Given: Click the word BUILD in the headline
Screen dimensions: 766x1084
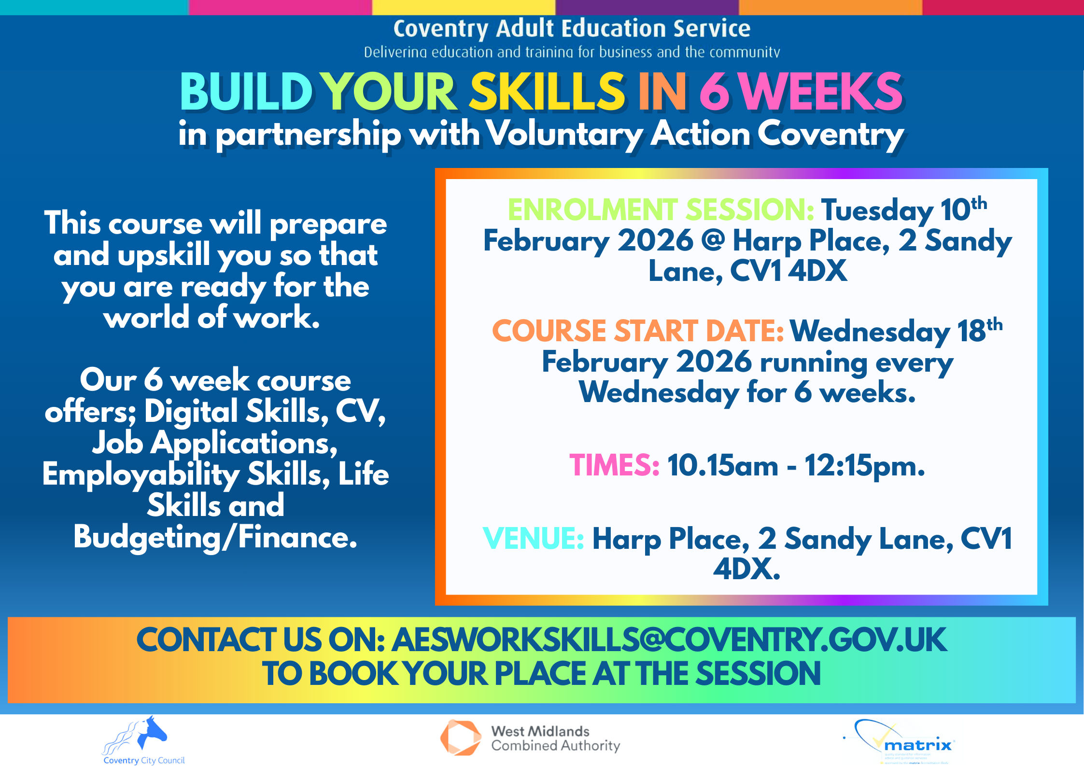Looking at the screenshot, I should click(246, 92).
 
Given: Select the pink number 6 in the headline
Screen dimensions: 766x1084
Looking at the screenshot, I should click(714, 92).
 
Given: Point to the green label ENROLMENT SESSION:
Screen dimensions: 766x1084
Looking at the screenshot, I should click(661, 210).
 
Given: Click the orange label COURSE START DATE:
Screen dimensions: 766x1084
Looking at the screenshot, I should click(637, 331).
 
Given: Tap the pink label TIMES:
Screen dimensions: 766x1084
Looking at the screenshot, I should click(614, 466).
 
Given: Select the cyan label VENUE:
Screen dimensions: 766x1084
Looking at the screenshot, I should click(533, 539).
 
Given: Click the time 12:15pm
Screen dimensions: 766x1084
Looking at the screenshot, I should click(864, 466).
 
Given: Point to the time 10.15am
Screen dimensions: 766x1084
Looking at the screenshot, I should click(722, 466).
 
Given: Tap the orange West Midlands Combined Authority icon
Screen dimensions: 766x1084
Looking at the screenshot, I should click(460, 738).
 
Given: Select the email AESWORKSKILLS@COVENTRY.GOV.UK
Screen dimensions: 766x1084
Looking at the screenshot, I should click(669, 640).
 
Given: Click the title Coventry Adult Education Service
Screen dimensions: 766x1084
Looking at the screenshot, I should click(572, 28).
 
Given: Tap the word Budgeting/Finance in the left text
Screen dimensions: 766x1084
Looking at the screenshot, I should click(215, 537).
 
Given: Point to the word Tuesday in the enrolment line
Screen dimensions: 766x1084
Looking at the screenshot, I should click(877, 210).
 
